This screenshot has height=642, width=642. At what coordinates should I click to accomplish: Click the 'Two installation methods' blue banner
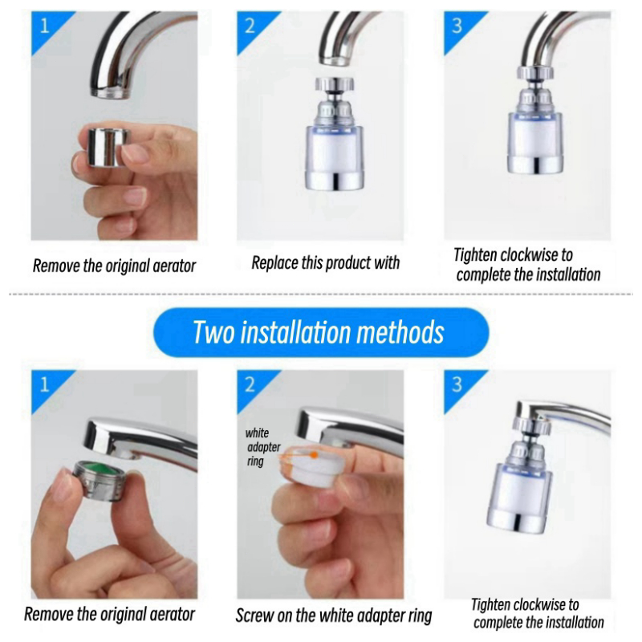click(x=321, y=332)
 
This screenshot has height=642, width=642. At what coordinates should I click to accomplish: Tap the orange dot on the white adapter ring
click(x=314, y=454)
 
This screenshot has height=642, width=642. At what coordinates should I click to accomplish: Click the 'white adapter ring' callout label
click(x=262, y=447)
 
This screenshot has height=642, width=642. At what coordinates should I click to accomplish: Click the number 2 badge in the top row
click(x=250, y=26)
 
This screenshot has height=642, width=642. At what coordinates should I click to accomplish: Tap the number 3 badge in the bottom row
click(x=457, y=384)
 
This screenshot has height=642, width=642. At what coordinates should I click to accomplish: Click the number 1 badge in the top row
click(x=44, y=26)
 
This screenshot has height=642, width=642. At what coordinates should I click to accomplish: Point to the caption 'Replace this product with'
click(x=326, y=263)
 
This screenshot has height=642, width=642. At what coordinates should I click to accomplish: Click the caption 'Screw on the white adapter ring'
click(x=334, y=616)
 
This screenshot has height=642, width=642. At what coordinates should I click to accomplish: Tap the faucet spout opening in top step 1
click(x=111, y=92)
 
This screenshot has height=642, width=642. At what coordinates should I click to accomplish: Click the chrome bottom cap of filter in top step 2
click(x=334, y=180)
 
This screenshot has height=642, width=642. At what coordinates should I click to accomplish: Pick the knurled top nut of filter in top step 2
click(x=335, y=83)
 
